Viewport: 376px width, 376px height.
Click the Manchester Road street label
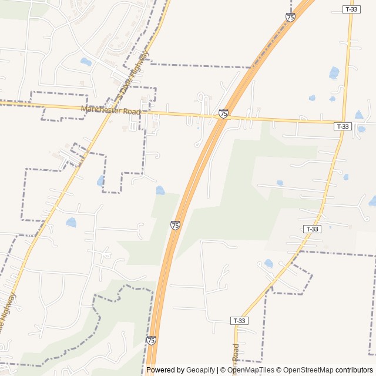point(111,110)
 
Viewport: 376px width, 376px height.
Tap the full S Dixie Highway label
point(133,75)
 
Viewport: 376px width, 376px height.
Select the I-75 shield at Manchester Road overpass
point(223,113)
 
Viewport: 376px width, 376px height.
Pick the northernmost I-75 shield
point(290,17)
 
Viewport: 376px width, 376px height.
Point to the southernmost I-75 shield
point(151,340)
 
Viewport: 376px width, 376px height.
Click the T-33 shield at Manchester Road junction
point(343,126)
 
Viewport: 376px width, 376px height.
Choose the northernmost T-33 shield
point(351,9)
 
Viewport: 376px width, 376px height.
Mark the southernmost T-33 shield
point(239,321)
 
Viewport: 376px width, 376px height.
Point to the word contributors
point(354,370)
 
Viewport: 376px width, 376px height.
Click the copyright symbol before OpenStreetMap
point(280,370)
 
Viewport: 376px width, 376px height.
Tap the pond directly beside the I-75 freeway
point(160,190)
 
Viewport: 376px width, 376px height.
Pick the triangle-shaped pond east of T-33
point(359,115)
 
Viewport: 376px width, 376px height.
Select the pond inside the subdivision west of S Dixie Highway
point(86,62)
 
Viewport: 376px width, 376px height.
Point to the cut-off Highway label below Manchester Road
point(6,312)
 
